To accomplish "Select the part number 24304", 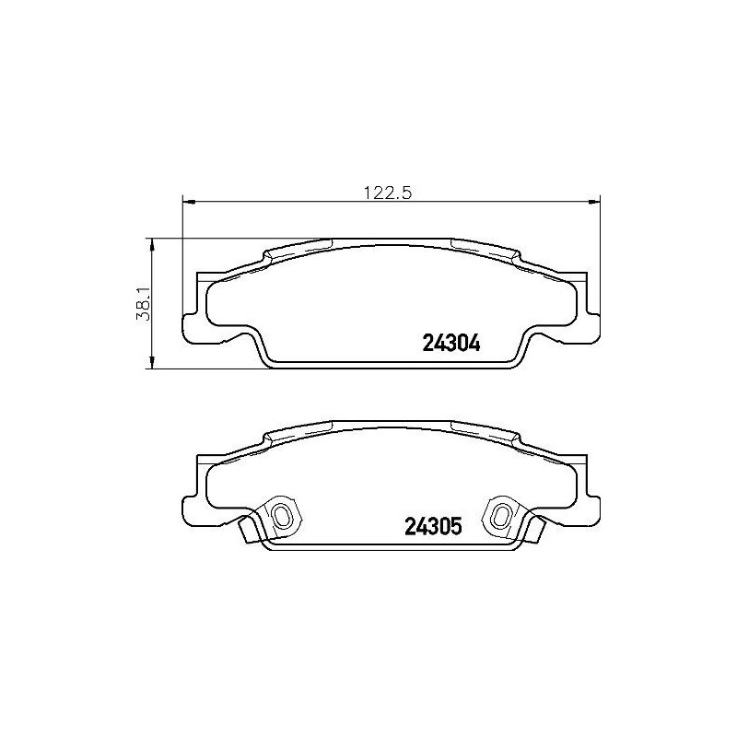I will (451, 343).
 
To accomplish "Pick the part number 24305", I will (432, 528).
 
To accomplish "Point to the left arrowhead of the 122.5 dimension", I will (189, 201).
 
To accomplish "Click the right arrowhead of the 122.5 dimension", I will (595, 201).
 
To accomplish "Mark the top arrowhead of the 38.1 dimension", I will (150, 242).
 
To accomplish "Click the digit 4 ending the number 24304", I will (475, 343).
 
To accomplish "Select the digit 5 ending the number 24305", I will (454, 528).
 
